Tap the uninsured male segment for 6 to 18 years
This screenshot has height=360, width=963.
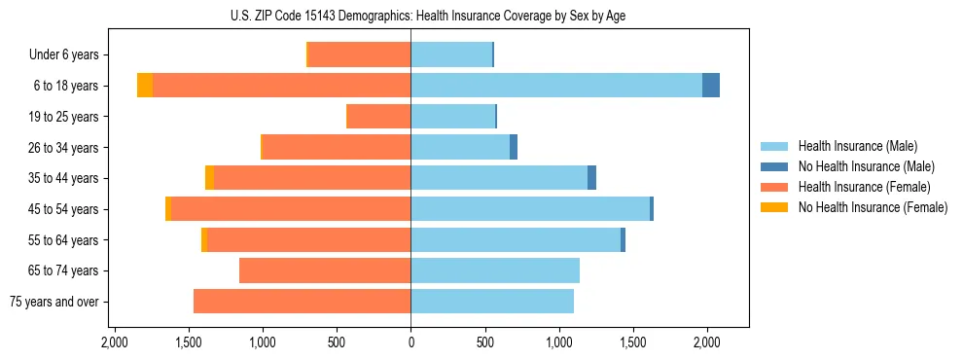pos(711,86)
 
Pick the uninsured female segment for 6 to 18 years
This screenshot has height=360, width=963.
pos(145,86)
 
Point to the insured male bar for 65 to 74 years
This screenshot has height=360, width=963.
pos(495,270)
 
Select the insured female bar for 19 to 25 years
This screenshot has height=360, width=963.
pos(378,117)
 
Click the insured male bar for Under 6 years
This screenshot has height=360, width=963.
pos(451,54)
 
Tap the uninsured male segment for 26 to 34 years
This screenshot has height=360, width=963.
pos(514,147)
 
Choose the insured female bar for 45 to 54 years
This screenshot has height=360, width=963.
pos(291,209)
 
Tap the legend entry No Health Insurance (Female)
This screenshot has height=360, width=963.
pos(873,207)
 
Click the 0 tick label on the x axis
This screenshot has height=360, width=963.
pos(410,342)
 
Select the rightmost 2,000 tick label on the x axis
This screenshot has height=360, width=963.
pos(707,342)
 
